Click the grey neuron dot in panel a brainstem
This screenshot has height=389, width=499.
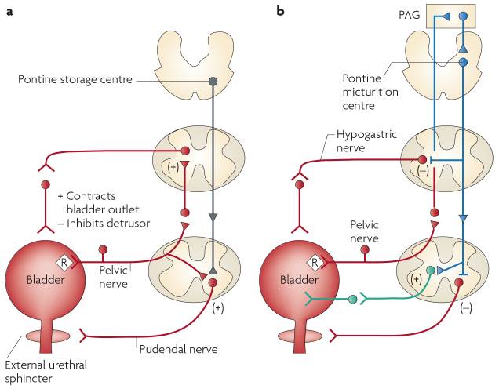click(213, 81)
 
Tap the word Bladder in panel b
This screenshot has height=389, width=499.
click(302, 281)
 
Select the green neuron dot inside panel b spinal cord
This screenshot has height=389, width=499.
click(431, 271)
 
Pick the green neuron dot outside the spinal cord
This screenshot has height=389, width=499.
click(353, 300)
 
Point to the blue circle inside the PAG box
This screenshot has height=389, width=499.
click(463, 16)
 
